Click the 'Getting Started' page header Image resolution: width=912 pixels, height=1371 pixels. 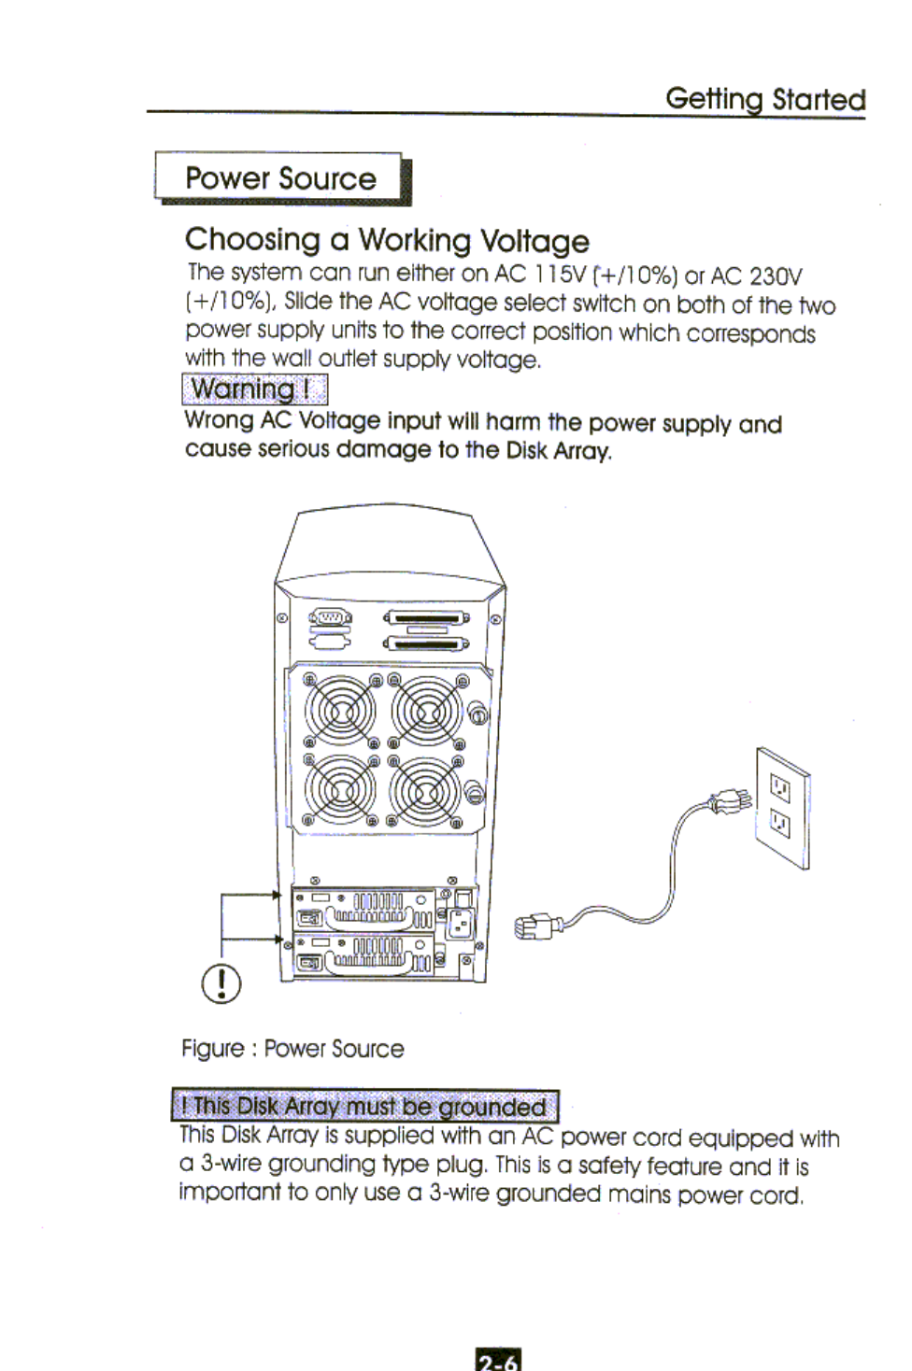point(764,99)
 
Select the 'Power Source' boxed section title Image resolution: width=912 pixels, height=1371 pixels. point(280,177)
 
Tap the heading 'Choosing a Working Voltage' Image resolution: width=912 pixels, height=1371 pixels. point(387,240)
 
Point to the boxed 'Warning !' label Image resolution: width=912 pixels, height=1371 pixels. point(254,389)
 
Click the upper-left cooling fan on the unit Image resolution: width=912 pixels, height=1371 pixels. point(341,713)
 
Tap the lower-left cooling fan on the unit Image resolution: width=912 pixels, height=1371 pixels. point(341,790)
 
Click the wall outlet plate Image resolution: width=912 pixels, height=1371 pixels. point(783,808)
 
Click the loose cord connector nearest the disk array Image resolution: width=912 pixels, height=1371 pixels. point(536,927)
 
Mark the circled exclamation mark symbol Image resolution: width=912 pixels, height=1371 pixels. point(221,982)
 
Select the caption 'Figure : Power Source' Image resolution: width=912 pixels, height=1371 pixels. point(292,1049)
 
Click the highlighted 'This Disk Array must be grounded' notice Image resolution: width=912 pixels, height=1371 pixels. point(364,1107)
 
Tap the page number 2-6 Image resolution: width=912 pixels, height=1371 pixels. point(498,1360)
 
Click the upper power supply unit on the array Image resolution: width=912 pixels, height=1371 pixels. point(366,909)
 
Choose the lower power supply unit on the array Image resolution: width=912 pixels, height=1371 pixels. point(366,954)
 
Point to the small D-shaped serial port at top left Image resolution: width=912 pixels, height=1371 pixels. point(331,617)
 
